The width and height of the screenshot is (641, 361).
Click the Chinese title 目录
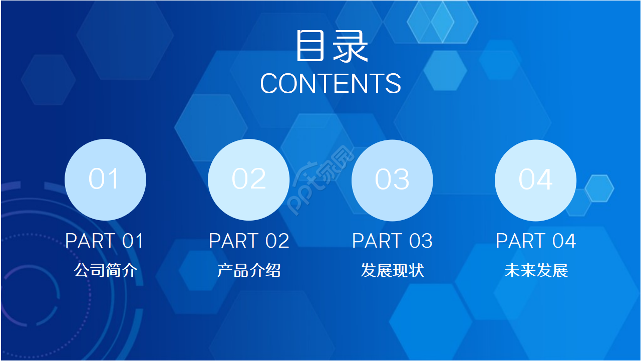pyautogui.click(x=332, y=46)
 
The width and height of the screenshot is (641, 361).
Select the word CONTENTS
pyautogui.click(x=331, y=84)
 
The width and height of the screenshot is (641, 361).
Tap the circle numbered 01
pyautogui.click(x=105, y=179)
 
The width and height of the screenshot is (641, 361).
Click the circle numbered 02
pyautogui.click(x=248, y=179)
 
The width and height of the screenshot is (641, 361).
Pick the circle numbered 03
pyautogui.click(x=392, y=179)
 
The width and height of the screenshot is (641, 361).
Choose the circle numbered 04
pyautogui.click(x=535, y=179)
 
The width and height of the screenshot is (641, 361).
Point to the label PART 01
pyautogui.click(x=105, y=241)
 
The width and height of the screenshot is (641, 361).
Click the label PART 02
pyautogui.click(x=249, y=241)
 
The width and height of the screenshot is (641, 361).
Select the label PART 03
pyautogui.click(x=392, y=241)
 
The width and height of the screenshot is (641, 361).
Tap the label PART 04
pyautogui.click(x=536, y=241)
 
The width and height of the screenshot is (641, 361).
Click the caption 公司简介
pyautogui.click(x=105, y=271)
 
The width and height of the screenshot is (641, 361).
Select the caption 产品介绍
pyautogui.click(x=249, y=271)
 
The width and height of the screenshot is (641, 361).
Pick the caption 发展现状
pyautogui.click(x=392, y=271)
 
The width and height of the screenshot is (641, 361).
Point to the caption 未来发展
pyautogui.click(x=536, y=271)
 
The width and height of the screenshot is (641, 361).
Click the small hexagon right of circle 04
pyautogui.click(x=599, y=189)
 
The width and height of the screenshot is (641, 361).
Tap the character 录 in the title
pyautogui.click(x=351, y=46)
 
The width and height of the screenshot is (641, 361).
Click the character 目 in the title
pyautogui.click(x=310, y=46)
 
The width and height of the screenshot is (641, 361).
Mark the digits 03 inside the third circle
pyautogui.click(x=392, y=179)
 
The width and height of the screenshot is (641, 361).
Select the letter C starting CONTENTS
pyautogui.click(x=269, y=84)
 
